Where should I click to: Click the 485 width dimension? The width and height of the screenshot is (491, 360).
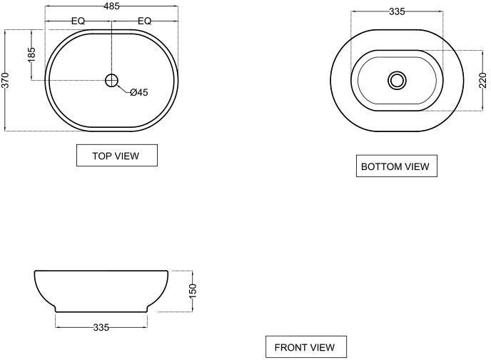click(112, 6)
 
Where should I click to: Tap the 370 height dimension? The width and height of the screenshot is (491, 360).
click(6, 80)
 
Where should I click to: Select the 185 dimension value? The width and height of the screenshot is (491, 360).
click(31, 54)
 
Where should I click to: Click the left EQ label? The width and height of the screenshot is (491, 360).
click(78, 21)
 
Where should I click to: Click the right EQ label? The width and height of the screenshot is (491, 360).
click(144, 21)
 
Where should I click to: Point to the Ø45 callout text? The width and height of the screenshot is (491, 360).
click(139, 92)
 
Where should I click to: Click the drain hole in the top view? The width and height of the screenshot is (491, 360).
click(111, 81)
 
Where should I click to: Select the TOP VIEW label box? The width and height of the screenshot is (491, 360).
click(117, 156)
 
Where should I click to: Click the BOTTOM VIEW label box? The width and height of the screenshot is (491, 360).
click(396, 166)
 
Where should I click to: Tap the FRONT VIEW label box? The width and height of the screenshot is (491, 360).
click(306, 347)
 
